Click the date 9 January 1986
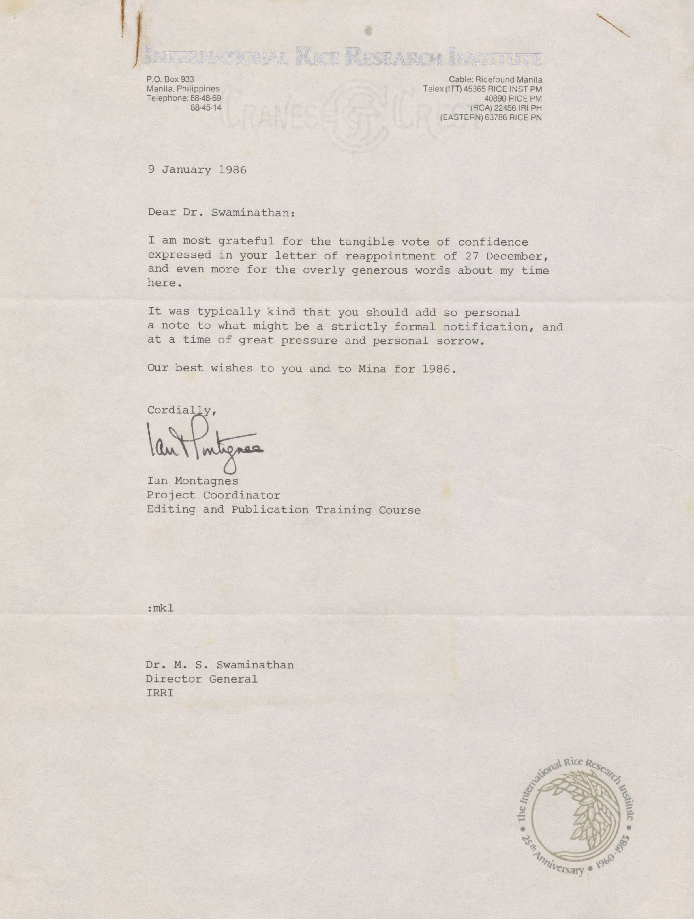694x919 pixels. tap(197, 170)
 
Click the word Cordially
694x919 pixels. tap(181, 410)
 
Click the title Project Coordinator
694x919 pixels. tap(213, 495)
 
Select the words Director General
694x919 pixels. tap(202, 679)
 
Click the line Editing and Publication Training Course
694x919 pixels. tap(284, 510)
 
